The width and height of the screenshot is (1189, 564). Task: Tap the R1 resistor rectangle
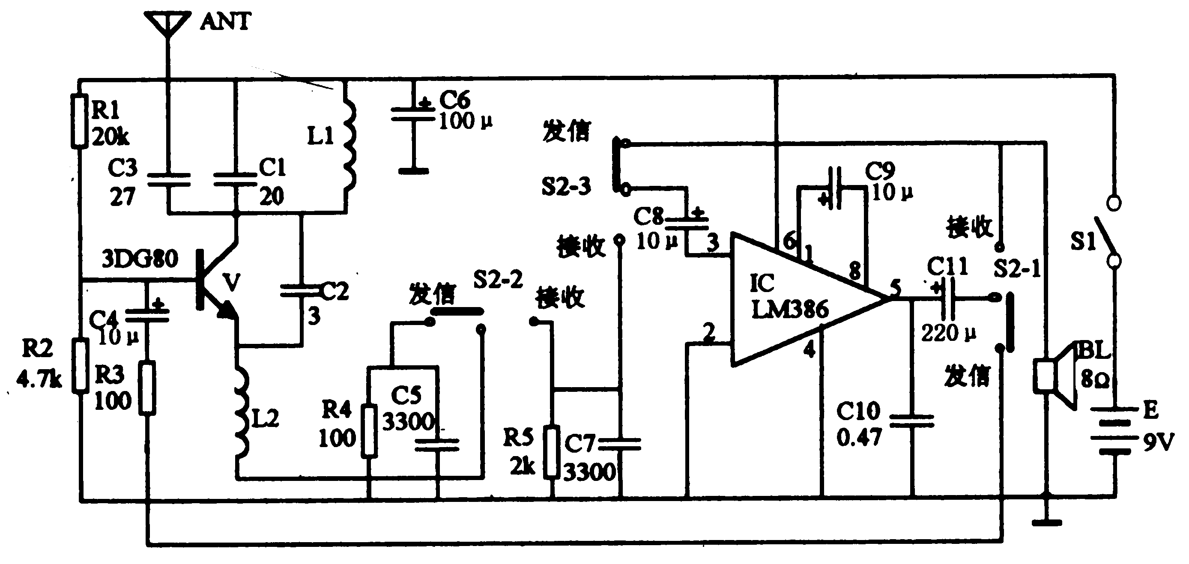79,121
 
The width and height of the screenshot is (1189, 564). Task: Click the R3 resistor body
148,388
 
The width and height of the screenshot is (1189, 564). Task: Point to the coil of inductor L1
349,143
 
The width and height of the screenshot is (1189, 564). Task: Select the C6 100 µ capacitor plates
413,114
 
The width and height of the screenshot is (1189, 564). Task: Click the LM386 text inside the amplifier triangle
790,310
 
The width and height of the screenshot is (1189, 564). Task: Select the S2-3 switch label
566,187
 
